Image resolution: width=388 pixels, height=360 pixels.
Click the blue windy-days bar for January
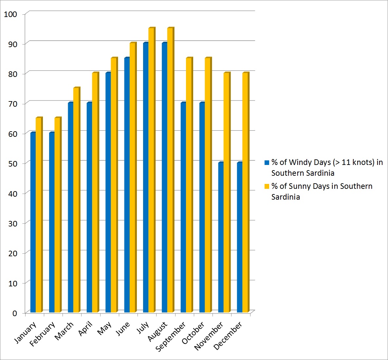point(33,223)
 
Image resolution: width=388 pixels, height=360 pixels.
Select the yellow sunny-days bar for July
point(151,170)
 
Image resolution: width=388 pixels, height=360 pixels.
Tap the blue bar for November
point(221,237)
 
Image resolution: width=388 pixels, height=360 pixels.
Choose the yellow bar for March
point(76,200)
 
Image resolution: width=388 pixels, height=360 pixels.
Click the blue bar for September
point(183,207)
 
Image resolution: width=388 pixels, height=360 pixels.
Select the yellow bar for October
point(208,185)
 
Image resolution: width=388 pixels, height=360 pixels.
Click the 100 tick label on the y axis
point(10,14)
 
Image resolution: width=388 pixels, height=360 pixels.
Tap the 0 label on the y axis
point(15,313)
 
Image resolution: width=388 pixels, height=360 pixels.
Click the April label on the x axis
point(86,329)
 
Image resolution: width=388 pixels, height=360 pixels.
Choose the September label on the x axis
point(171,336)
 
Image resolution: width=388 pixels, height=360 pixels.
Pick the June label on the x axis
point(123,329)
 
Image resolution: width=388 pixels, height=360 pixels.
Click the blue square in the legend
point(267,163)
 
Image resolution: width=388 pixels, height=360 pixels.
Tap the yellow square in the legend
point(267,187)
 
